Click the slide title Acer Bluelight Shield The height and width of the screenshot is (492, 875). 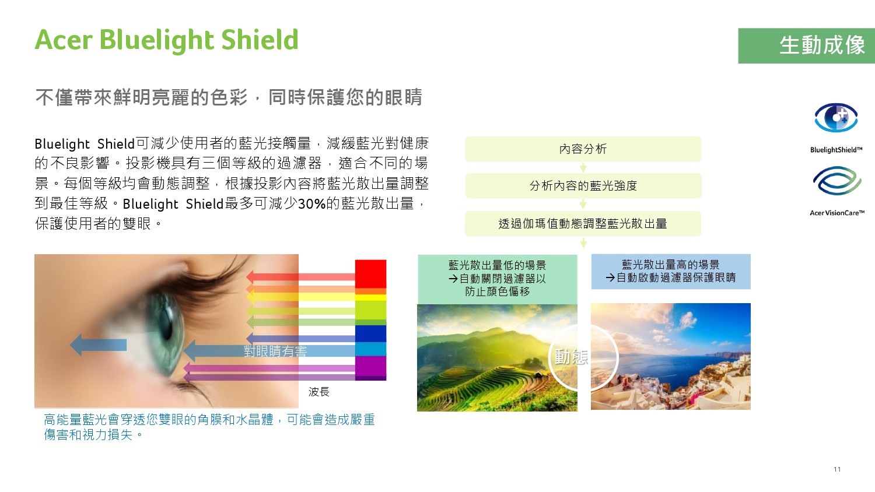(x=166, y=40)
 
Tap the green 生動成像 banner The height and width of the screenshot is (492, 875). (x=806, y=45)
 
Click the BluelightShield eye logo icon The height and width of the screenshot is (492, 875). (x=836, y=118)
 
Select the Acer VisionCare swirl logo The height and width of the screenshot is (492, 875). (x=836, y=180)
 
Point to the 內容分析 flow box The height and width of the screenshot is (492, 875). (x=583, y=149)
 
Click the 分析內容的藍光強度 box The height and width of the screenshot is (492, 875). (x=583, y=185)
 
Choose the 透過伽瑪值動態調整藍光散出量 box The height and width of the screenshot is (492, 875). (x=583, y=224)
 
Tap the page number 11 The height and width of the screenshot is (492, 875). (x=837, y=469)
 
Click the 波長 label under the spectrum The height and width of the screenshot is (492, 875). (x=318, y=392)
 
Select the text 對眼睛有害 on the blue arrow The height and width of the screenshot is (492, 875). (x=275, y=352)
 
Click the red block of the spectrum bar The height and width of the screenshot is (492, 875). (x=370, y=274)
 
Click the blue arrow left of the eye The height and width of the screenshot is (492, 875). (x=98, y=345)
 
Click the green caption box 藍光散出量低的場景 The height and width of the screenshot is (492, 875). (x=497, y=279)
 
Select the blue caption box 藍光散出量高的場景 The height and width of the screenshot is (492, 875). (x=671, y=272)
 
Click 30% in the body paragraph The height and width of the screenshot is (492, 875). (x=311, y=204)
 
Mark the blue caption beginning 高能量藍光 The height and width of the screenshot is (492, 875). (x=209, y=427)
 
